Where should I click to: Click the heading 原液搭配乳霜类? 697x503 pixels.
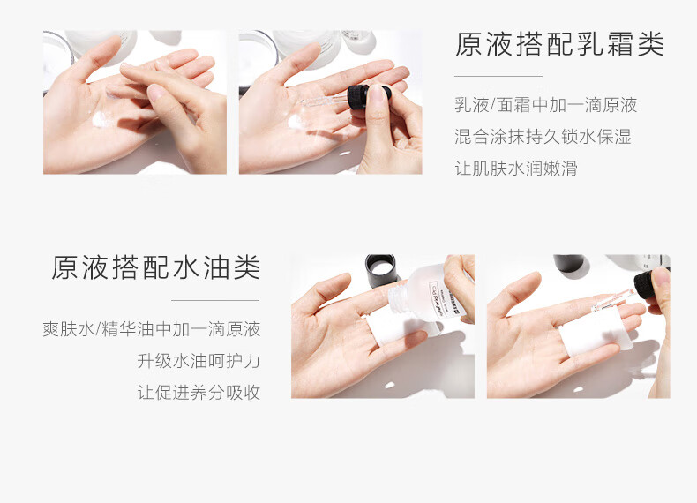(x=559, y=44)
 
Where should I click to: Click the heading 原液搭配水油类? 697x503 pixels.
(x=155, y=267)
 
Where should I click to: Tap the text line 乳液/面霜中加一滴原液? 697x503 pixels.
(x=546, y=105)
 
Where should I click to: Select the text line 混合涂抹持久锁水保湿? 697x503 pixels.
(x=543, y=137)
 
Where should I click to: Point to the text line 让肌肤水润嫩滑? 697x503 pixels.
(x=516, y=169)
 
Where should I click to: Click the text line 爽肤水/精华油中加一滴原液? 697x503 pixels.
(x=152, y=329)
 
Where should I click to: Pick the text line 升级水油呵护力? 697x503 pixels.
(x=199, y=361)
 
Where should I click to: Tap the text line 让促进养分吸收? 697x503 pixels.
(x=199, y=393)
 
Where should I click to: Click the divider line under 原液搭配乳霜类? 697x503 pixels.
(x=498, y=77)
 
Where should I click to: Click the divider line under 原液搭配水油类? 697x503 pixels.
(x=215, y=301)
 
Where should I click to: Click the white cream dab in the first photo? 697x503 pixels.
(x=101, y=119)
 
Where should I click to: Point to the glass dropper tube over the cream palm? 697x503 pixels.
(x=324, y=101)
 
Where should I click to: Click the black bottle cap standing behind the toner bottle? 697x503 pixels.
(x=380, y=270)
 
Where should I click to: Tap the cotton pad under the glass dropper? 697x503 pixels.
(x=595, y=332)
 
